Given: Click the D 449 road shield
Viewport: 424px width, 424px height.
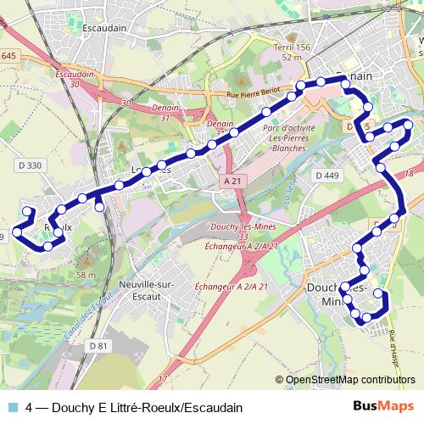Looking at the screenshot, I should click(x=326, y=176).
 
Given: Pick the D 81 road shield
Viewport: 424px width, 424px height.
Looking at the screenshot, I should click(x=100, y=345).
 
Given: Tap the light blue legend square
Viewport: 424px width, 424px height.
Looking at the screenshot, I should click(x=11, y=408).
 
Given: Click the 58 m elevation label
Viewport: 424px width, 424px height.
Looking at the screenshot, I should click(x=86, y=275).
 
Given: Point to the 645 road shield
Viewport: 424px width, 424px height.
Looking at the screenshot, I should click(x=8, y=56).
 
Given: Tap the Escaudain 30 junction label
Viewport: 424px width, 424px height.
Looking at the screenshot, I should click(x=74, y=79).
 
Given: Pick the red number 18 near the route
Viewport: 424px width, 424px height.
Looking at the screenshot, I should click(x=410, y=173).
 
